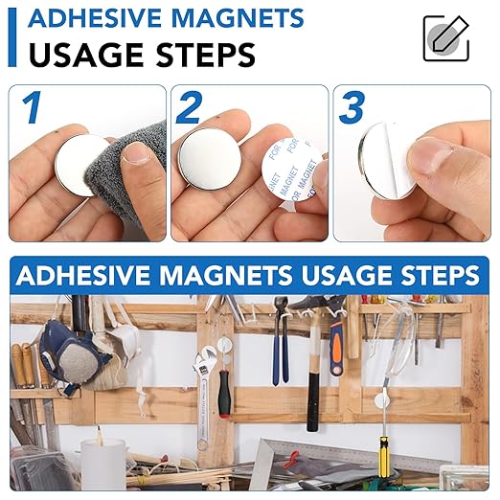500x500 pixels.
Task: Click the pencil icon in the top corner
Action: (x=445, y=38)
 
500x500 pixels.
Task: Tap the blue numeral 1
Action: (x=33, y=108)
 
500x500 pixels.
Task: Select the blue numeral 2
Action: (x=189, y=108)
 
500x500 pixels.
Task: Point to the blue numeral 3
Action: (x=352, y=108)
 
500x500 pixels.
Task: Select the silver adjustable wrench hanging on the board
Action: (x=204, y=388)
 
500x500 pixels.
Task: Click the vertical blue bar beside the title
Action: (x=11, y=36)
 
